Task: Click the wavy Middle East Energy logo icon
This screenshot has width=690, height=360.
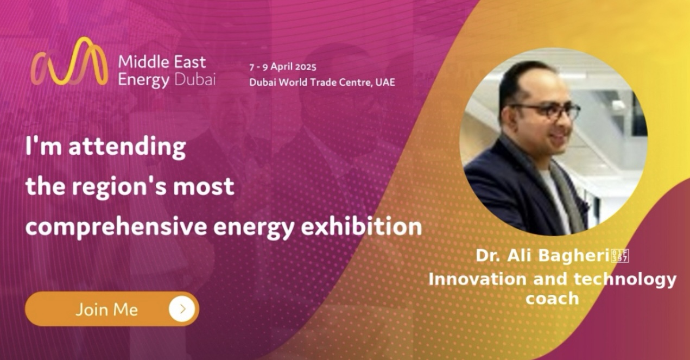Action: (69, 62)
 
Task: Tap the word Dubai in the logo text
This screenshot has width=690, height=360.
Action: (195, 79)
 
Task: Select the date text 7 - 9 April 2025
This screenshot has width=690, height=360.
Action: (283, 67)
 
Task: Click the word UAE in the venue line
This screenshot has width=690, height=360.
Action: (385, 82)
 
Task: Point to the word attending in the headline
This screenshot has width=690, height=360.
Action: (127, 147)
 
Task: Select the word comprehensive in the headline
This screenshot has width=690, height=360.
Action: (116, 227)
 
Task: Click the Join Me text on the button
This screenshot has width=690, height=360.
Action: (106, 309)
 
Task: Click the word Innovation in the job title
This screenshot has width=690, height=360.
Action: (477, 279)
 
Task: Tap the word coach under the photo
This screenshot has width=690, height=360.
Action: (552, 298)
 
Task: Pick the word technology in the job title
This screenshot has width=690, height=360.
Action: (625, 280)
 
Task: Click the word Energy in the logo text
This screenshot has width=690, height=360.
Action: (143, 80)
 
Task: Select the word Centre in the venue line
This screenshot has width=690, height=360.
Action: (355, 83)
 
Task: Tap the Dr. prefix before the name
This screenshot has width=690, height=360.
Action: (488, 256)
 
